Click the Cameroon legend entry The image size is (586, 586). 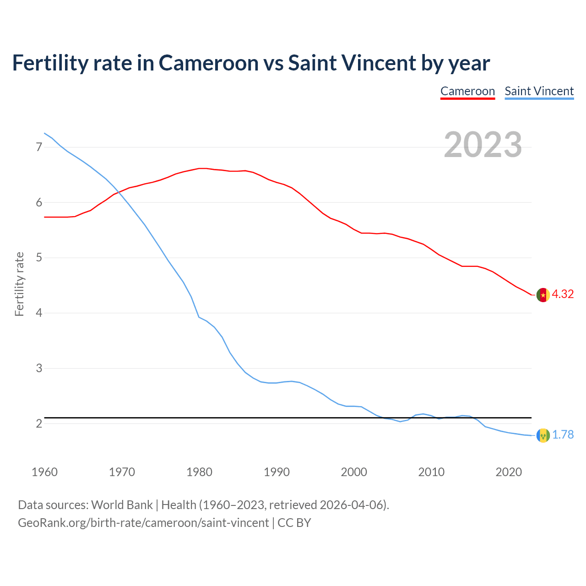pyautogui.click(x=467, y=91)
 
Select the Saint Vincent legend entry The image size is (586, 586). pyautogui.click(x=539, y=91)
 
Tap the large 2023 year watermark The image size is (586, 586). pyautogui.click(x=483, y=145)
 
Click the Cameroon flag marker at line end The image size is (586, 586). pyautogui.click(x=543, y=295)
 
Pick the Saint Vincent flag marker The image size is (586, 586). pyautogui.click(x=543, y=435)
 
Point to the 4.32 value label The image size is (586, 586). pyautogui.click(x=563, y=294)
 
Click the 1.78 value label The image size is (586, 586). pyautogui.click(x=563, y=435)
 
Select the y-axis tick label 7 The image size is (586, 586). pyautogui.click(x=39, y=147)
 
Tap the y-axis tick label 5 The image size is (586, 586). pyautogui.click(x=39, y=258)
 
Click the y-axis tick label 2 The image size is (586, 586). pyautogui.click(x=39, y=424)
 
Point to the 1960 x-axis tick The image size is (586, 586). pyautogui.click(x=44, y=472)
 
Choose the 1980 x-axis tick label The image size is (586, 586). pyautogui.click(x=199, y=472)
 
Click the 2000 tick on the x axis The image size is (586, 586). pyautogui.click(x=354, y=472)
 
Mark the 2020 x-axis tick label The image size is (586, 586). pyautogui.click(x=509, y=472)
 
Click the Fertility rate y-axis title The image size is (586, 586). pyautogui.click(x=19, y=284)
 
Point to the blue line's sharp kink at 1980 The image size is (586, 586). pyautogui.click(x=199, y=317)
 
